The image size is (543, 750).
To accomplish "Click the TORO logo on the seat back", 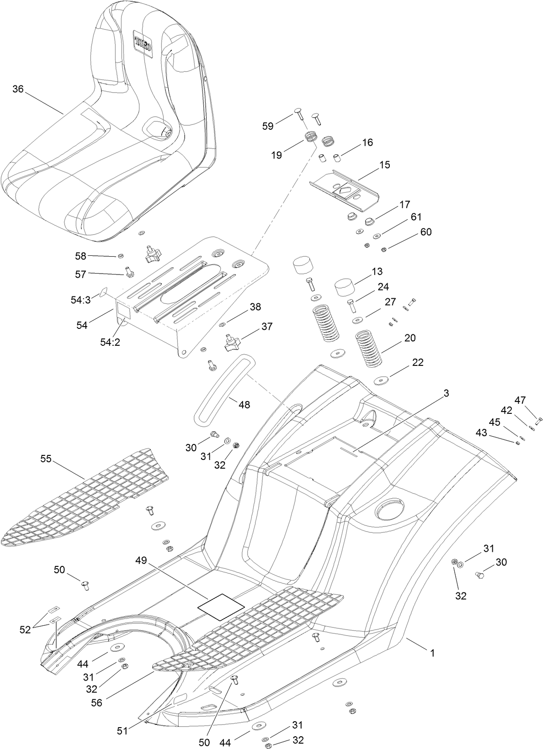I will pyautogui.click(x=144, y=40).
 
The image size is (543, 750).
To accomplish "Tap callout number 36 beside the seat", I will pyautogui.click(x=18, y=89).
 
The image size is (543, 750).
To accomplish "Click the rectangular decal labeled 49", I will pyautogui.click(x=221, y=607).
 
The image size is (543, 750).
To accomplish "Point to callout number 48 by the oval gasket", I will pyautogui.click(x=244, y=404).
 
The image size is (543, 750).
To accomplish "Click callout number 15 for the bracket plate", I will pyautogui.click(x=385, y=164).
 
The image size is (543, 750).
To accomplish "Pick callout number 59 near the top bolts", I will pyautogui.click(x=268, y=126).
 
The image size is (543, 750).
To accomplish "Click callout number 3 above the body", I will pyautogui.click(x=446, y=393).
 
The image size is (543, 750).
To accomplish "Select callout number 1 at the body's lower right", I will pyautogui.click(x=432, y=653).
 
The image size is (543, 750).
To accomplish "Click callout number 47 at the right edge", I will pyautogui.click(x=520, y=400).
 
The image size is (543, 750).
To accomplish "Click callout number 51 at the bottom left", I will pyautogui.click(x=122, y=731).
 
